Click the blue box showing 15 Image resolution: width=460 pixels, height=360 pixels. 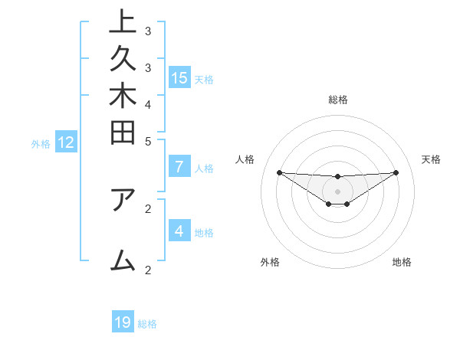[x=179, y=77]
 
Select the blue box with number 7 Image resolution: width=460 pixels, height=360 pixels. [x=179, y=168]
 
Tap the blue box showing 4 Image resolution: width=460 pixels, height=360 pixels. [x=179, y=231]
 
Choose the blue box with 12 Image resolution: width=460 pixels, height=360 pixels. [x=66, y=142]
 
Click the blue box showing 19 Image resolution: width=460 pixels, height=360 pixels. [x=123, y=322]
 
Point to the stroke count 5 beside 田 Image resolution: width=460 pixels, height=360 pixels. [x=148, y=141]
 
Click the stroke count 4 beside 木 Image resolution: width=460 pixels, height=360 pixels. [x=148, y=103]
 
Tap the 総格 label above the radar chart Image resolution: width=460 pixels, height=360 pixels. [x=337, y=100]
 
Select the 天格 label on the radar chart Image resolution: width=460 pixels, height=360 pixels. [x=431, y=159]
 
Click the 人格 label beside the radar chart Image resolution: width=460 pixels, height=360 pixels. [x=245, y=159]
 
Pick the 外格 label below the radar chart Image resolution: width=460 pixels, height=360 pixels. [x=269, y=262]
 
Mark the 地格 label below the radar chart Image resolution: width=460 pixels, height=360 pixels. [x=402, y=262]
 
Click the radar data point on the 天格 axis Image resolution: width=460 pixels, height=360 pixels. [x=396, y=172]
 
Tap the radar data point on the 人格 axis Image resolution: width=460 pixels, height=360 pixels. [x=279, y=172]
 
